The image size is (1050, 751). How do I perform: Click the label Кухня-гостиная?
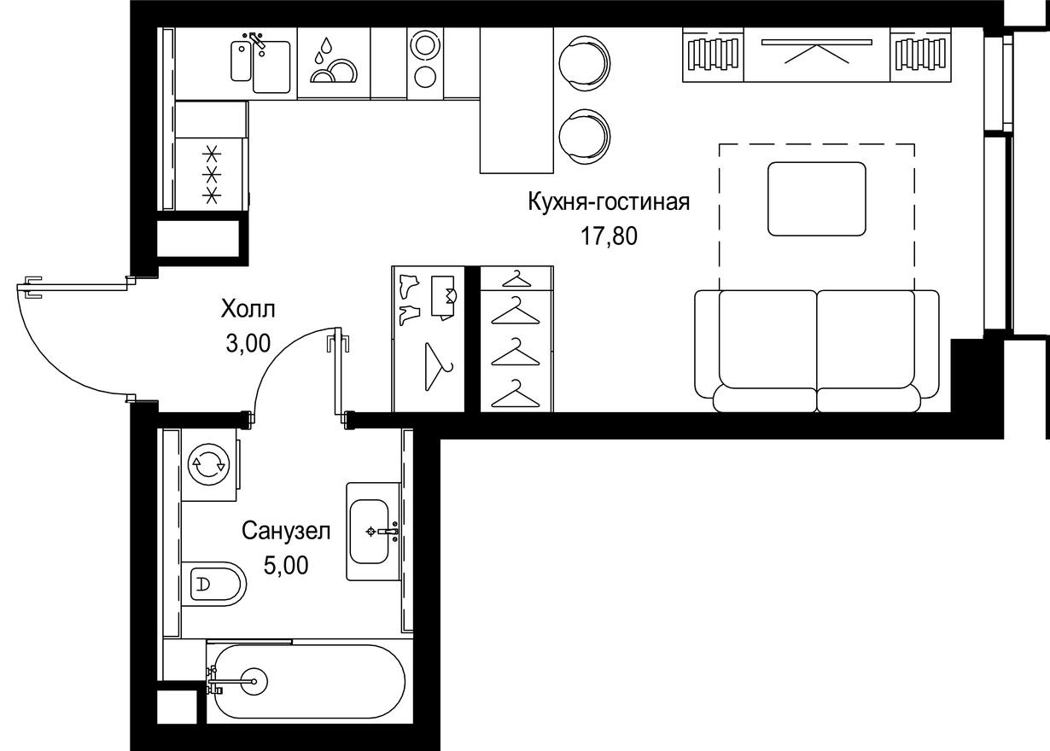click(x=608, y=202)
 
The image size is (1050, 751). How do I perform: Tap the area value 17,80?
click(x=610, y=236)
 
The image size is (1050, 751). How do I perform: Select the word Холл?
click(x=248, y=308)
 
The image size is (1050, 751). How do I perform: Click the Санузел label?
click(x=286, y=531)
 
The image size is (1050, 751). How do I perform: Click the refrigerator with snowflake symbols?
click(x=211, y=175)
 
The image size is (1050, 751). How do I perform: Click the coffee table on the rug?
click(x=817, y=198)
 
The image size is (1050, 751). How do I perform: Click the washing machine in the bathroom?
click(x=209, y=465)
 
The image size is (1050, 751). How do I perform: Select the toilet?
click(x=213, y=585)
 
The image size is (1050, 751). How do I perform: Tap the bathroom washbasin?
click(x=374, y=532)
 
